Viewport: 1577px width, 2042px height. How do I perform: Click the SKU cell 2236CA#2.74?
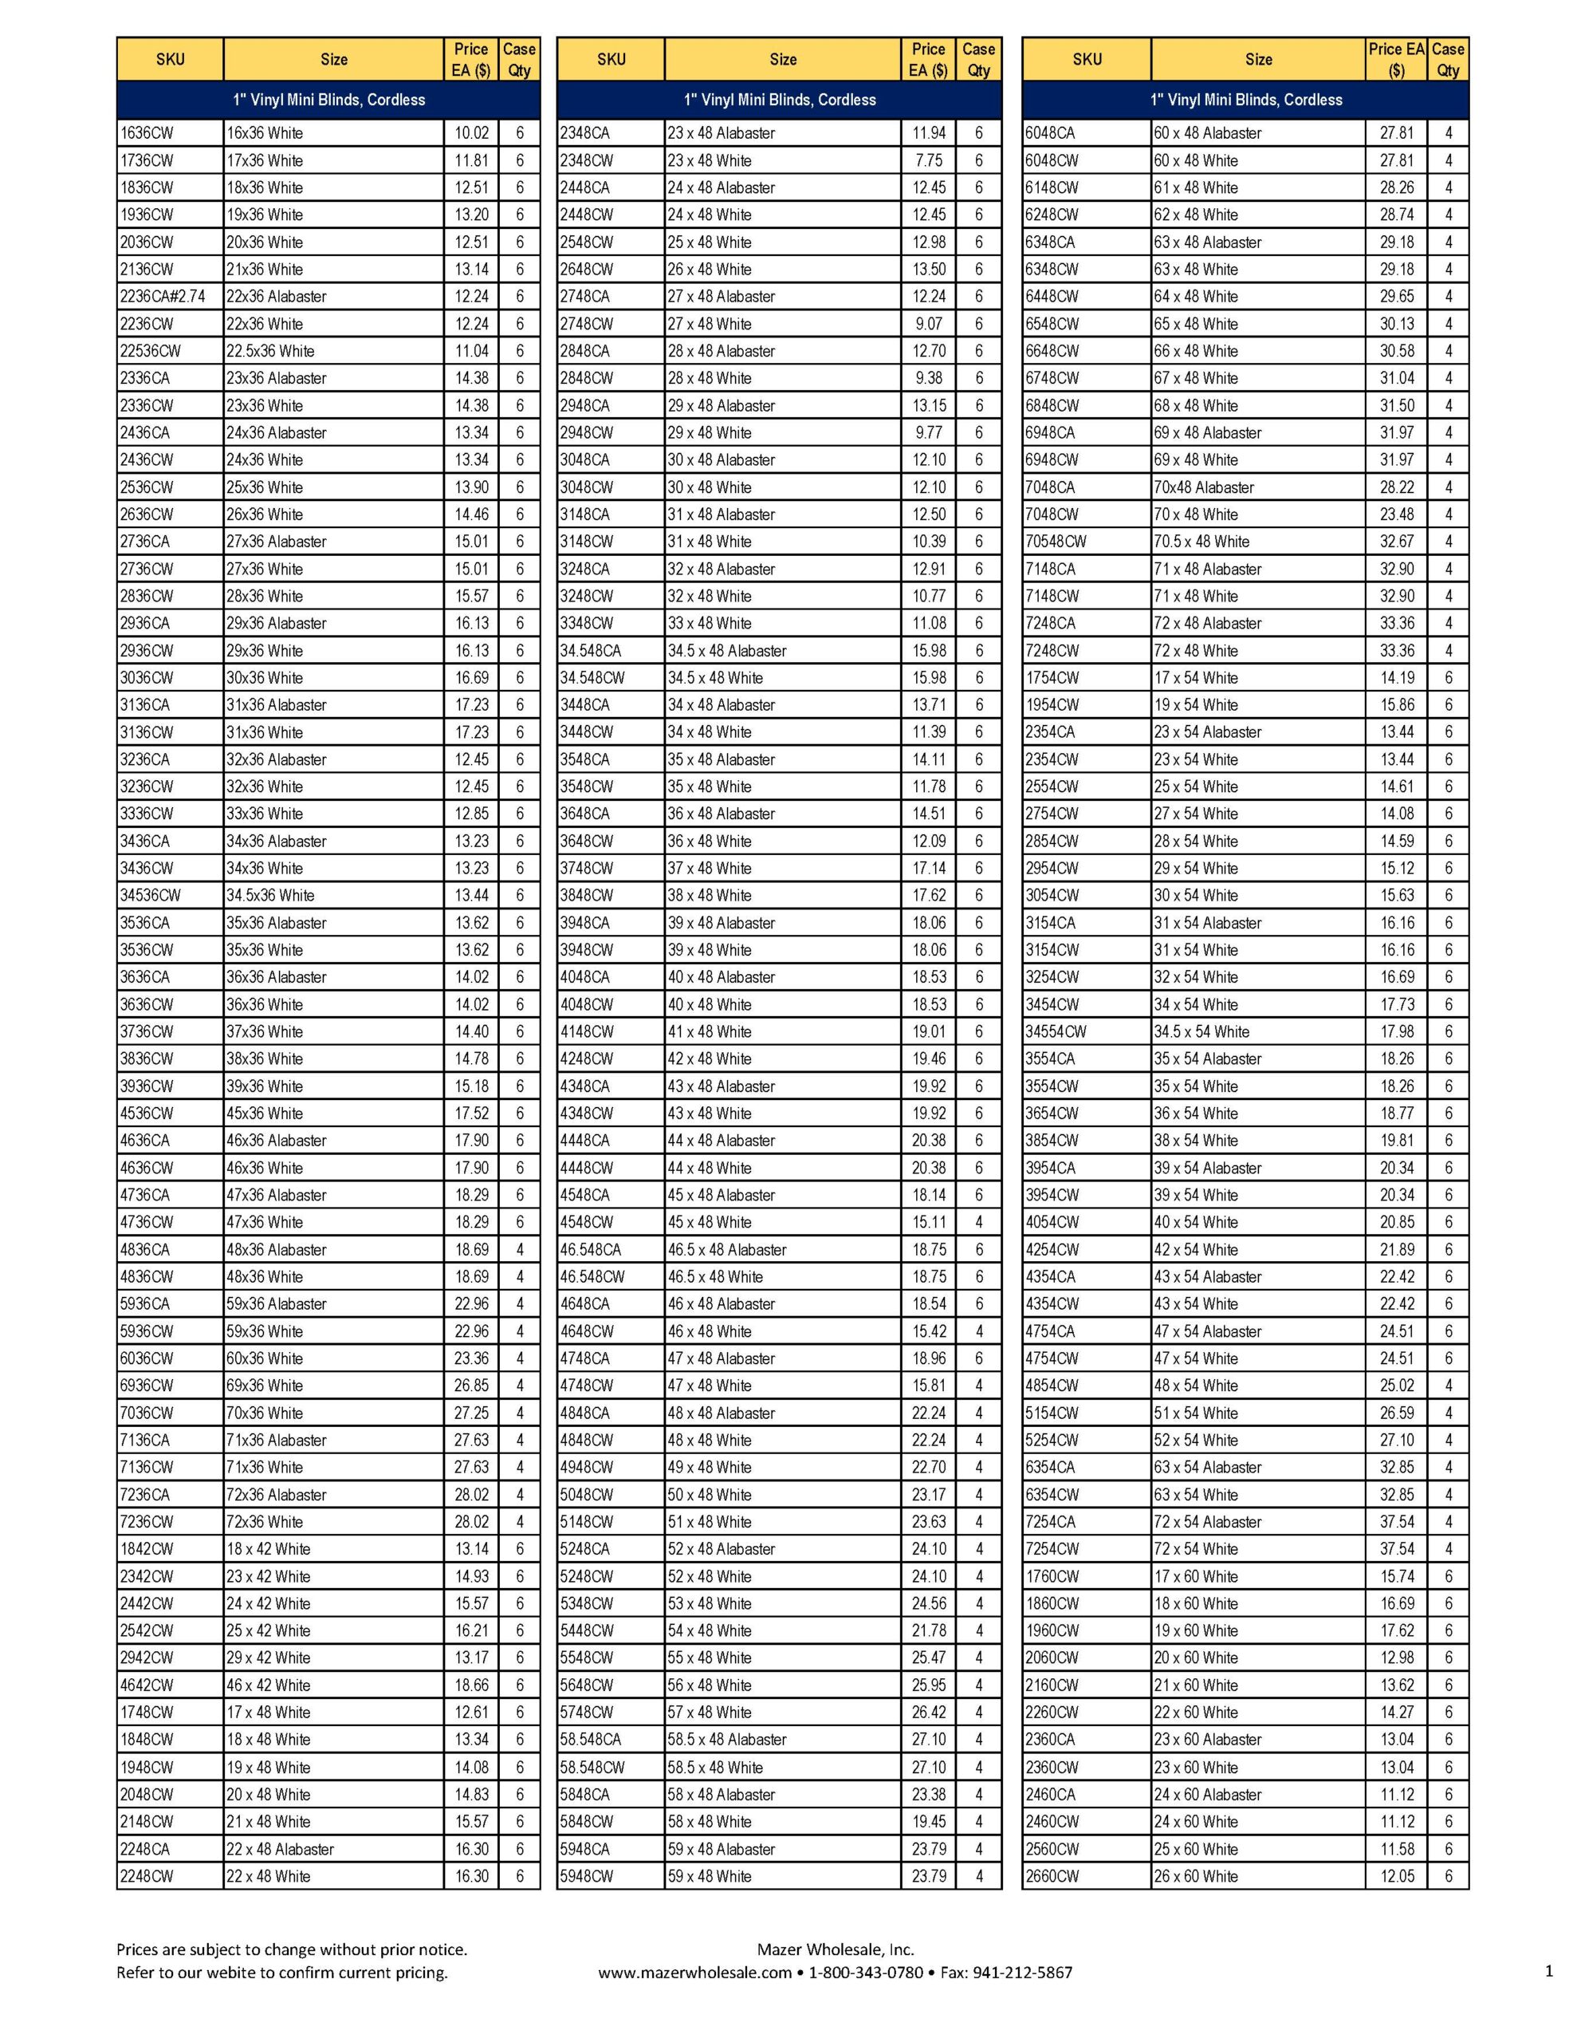coord(163,297)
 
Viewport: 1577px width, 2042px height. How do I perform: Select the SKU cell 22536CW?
coord(151,352)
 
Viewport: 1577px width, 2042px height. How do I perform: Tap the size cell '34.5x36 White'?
coord(270,896)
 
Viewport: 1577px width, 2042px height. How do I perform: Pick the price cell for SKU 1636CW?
coord(471,132)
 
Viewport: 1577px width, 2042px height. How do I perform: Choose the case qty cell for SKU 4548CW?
coord(979,1222)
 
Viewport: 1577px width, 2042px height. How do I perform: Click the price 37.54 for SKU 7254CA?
coord(1397,1522)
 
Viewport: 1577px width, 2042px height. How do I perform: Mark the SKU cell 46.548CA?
coord(591,1249)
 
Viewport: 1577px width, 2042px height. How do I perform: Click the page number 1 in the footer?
coord(1549,1971)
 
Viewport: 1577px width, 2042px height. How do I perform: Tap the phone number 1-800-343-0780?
coord(866,1973)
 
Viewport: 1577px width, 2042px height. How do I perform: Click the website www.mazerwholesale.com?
coord(695,1973)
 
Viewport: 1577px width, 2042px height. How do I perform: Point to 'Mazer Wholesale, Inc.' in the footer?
coord(835,1949)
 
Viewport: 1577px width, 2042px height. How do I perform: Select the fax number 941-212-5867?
coord(1023,1973)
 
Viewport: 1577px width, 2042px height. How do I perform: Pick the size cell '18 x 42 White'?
coord(269,1549)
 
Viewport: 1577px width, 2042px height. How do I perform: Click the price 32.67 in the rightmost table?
coord(1397,542)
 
